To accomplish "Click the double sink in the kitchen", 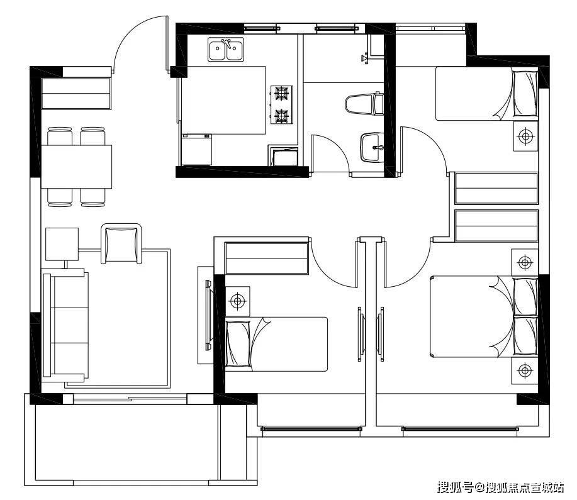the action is point(225,49).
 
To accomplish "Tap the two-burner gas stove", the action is point(282,104).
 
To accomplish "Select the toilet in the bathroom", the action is point(364,104).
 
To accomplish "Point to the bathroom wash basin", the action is point(371,148).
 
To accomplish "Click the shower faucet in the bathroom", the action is point(365,58).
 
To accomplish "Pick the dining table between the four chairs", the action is point(76,167).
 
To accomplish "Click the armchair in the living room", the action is point(121,243).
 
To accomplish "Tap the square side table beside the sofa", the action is point(62,244).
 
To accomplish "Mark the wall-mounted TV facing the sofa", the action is point(209,315).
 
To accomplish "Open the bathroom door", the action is point(328,152).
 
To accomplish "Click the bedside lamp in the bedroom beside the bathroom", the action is point(526,136).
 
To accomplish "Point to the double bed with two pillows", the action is point(483,316).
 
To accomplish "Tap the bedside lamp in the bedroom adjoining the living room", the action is point(238,301).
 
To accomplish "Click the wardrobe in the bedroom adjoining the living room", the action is point(267,258).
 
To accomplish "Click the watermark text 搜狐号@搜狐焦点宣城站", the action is point(500,488).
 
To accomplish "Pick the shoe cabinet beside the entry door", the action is point(76,94).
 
